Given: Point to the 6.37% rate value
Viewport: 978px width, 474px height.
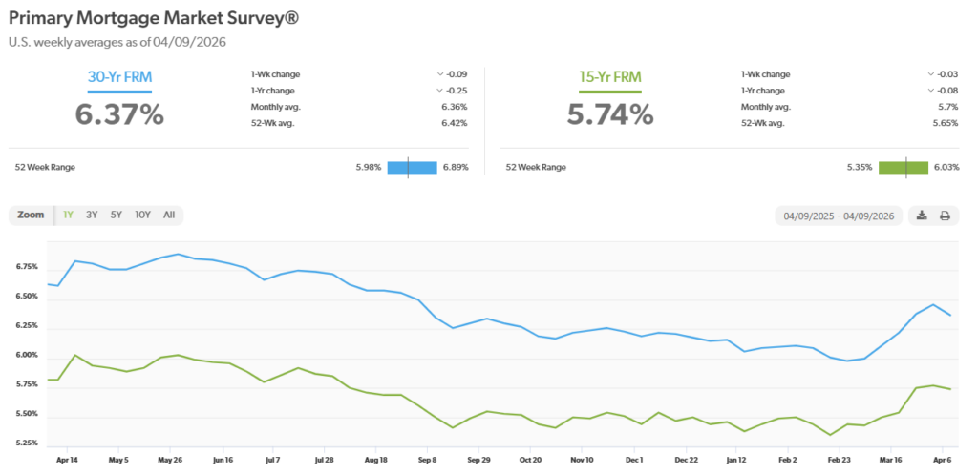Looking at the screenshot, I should click(x=119, y=114).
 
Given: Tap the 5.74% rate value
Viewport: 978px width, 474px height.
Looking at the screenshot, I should click(x=610, y=114).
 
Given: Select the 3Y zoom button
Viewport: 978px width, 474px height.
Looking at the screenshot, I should click(x=92, y=215).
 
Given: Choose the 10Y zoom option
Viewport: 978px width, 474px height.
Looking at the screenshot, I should click(x=142, y=215).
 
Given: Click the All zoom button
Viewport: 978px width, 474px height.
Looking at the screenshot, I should click(x=169, y=215).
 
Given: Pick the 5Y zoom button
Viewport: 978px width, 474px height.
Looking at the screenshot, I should click(x=116, y=215).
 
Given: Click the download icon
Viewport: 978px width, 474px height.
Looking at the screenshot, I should click(x=922, y=216).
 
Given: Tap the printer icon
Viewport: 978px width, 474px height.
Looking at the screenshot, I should click(x=945, y=216).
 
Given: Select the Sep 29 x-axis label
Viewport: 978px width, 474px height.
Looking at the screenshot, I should click(x=478, y=459).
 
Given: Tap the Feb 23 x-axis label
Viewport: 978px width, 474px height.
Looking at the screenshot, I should click(x=840, y=459).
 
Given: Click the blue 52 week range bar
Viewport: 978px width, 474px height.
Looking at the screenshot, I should click(x=412, y=167).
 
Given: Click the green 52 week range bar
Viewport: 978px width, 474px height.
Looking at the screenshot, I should click(x=904, y=167).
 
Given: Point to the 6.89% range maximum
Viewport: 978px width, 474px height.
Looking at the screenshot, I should click(x=455, y=167).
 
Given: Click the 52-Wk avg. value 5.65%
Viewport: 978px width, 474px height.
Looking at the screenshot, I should click(x=946, y=123).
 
